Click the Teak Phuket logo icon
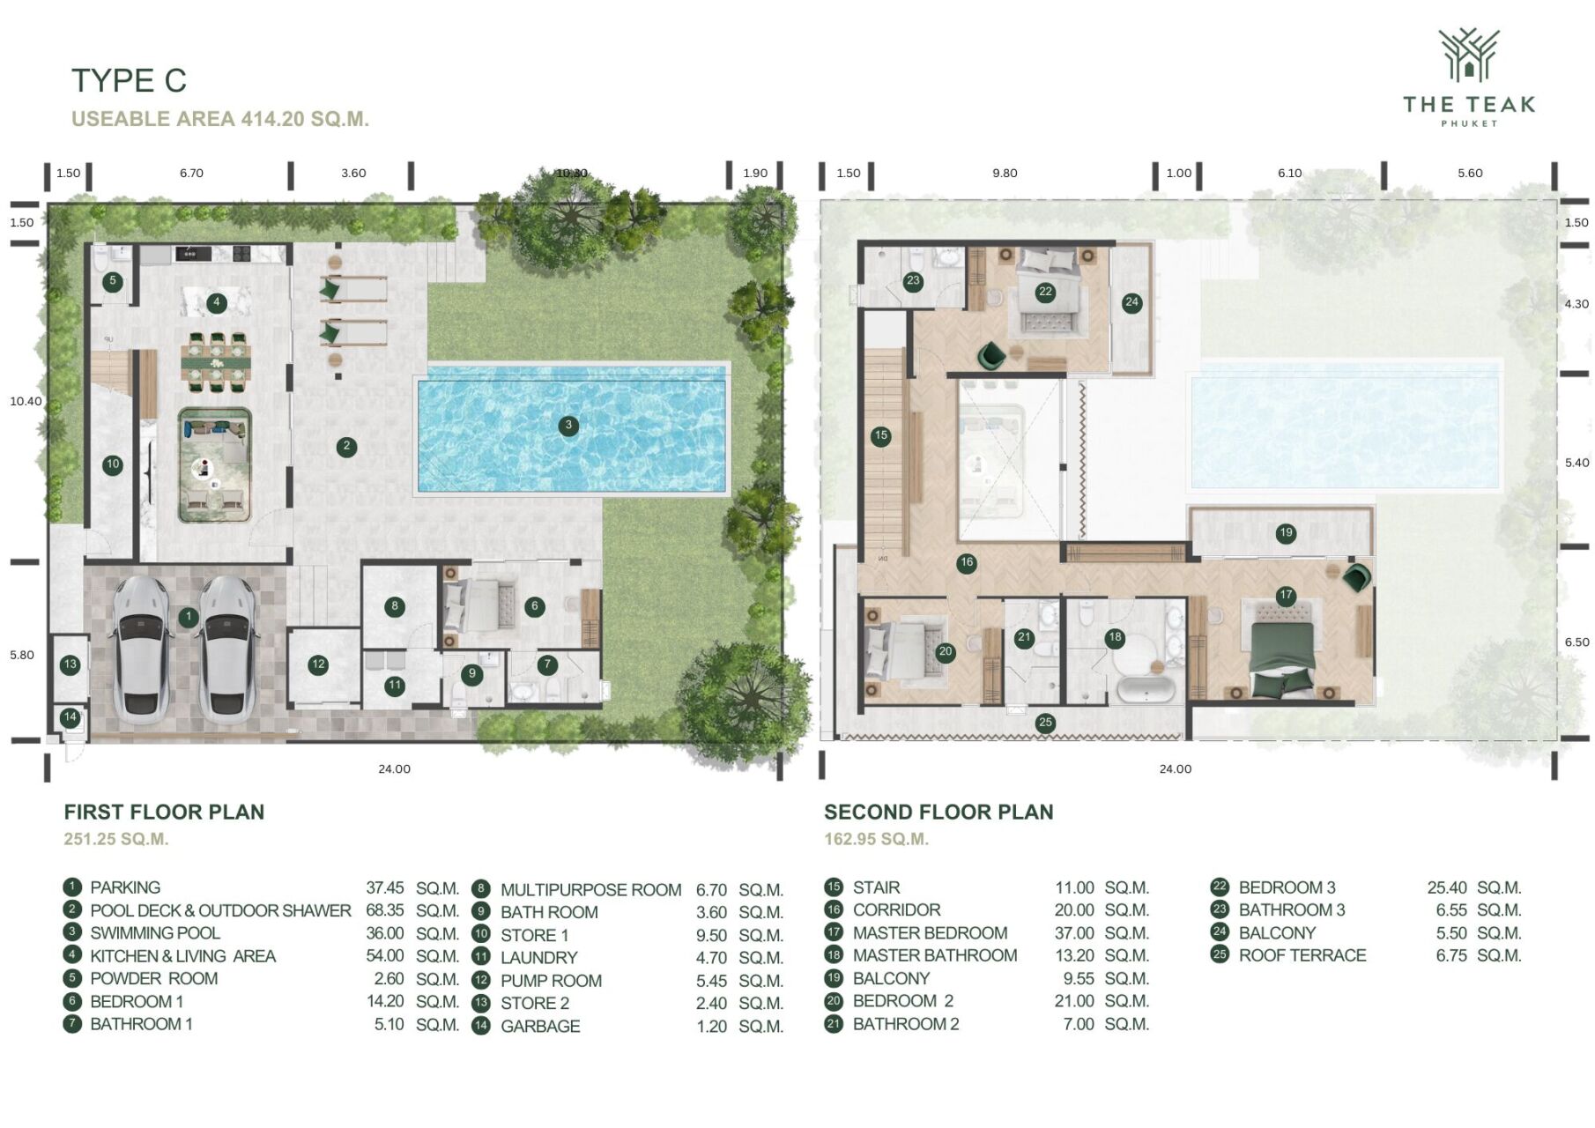(1468, 56)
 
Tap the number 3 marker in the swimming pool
(568, 426)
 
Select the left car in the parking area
(142, 648)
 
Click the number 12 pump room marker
(318, 664)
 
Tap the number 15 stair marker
(880, 435)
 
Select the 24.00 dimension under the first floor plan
(394, 769)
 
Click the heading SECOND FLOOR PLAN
(938, 812)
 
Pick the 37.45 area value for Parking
(385, 887)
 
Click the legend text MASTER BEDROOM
(930, 932)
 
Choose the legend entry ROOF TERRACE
(1302, 955)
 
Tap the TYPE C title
(129, 80)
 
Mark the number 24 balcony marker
(1131, 302)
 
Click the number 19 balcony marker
(1286, 532)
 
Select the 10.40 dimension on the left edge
(26, 401)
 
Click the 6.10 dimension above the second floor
(1289, 174)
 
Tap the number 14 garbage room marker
(70, 717)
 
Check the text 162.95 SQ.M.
(876, 839)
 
